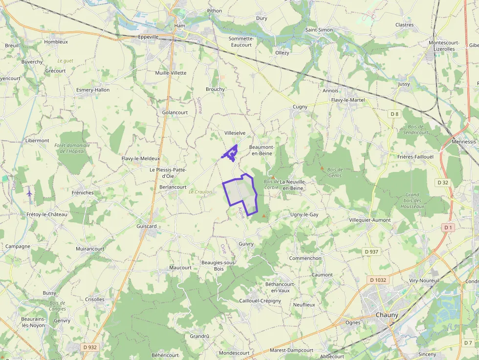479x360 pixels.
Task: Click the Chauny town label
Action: (387, 315)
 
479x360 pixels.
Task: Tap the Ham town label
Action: (180, 25)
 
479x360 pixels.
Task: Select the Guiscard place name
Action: (147, 227)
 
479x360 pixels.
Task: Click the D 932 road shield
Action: (90, 347)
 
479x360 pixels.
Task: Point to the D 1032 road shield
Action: (378, 280)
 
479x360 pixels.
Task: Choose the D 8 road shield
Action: (394, 114)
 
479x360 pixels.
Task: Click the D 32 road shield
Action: (443, 182)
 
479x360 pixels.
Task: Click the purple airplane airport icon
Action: (29, 193)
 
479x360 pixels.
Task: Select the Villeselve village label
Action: (235, 133)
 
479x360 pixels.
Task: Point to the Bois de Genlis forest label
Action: (335, 172)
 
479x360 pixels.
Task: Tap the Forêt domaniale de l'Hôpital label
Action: (72, 148)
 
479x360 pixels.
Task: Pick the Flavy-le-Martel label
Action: (348, 100)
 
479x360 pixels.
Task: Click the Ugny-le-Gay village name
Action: (304, 215)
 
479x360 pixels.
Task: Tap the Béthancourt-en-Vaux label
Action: (280, 287)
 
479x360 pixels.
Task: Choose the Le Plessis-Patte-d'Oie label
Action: (168, 172)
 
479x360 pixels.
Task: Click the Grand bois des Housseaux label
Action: (413, 200)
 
